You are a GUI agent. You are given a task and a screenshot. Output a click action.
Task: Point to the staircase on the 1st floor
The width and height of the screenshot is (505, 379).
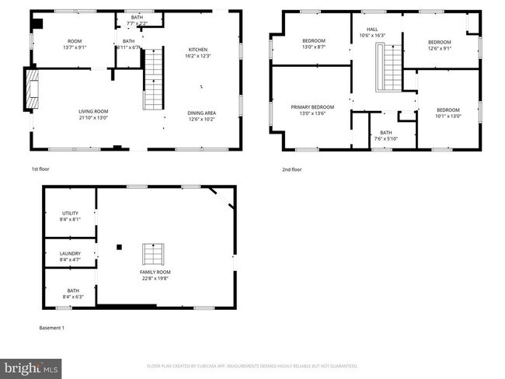[155, 78]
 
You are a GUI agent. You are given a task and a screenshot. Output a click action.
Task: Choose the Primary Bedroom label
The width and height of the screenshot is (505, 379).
[312, 106]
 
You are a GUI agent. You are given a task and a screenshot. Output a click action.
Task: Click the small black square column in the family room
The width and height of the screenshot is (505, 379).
[120, 247]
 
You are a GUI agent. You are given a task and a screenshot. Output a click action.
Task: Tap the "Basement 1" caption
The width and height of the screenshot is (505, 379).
[52, 328]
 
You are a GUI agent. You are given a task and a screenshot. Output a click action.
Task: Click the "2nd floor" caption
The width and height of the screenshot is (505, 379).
[291, 168]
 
